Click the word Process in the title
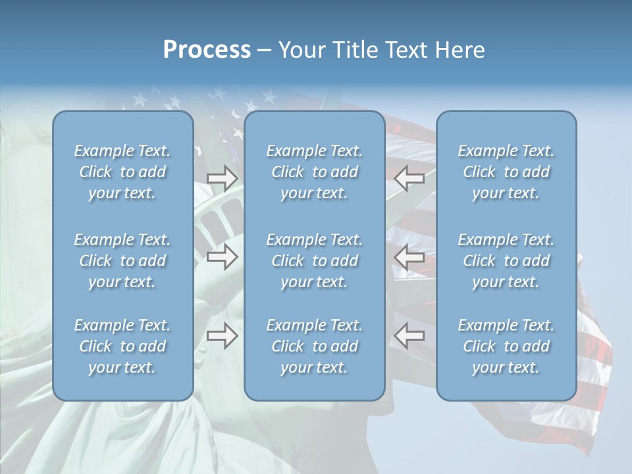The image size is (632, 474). coord(207,50)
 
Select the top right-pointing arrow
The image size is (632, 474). coord(223,177)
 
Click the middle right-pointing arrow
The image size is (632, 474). coord(223,257)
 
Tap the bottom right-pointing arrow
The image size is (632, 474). coord(223,336)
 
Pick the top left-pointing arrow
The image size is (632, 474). coord(409,177)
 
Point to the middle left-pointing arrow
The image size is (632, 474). coord(409,257)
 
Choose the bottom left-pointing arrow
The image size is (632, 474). coord(409,336)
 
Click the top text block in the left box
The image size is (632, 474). coord(122,172)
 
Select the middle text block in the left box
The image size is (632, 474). coord(122,261)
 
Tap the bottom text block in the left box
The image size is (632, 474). coord(122,346)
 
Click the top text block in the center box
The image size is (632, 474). coord(315,172)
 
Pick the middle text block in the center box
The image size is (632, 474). coord(315,261)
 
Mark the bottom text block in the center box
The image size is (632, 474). coord(315,346)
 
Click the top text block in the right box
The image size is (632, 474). coord(506,172)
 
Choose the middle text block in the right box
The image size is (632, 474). coord(506,261)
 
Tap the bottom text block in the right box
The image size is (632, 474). coord(506,346)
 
